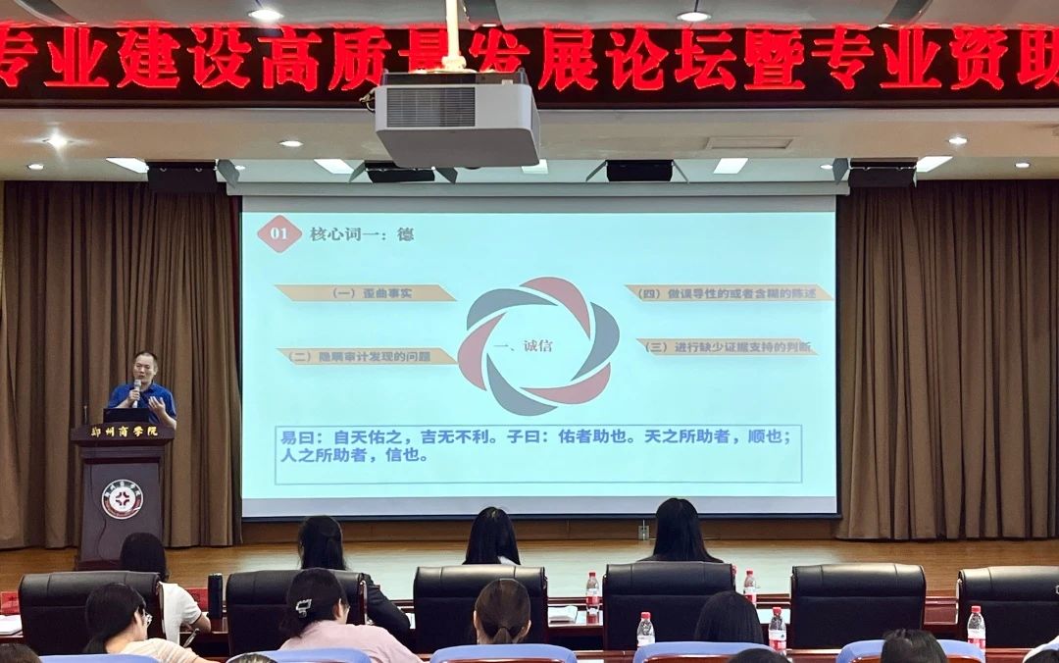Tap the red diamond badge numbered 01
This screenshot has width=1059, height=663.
278,234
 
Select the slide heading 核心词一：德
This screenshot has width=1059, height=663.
361,234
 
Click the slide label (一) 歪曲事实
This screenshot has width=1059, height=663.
365,292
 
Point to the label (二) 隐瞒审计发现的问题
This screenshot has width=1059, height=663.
367,356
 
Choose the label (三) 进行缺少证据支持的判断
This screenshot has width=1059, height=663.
727,346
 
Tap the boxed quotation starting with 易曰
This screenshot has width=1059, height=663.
538,453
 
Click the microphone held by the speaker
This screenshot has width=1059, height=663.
136,389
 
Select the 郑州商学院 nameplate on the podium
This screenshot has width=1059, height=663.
122,433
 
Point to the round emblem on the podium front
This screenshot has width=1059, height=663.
123,499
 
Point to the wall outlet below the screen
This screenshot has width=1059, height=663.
643,532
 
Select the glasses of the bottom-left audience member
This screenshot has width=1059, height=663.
145,618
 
